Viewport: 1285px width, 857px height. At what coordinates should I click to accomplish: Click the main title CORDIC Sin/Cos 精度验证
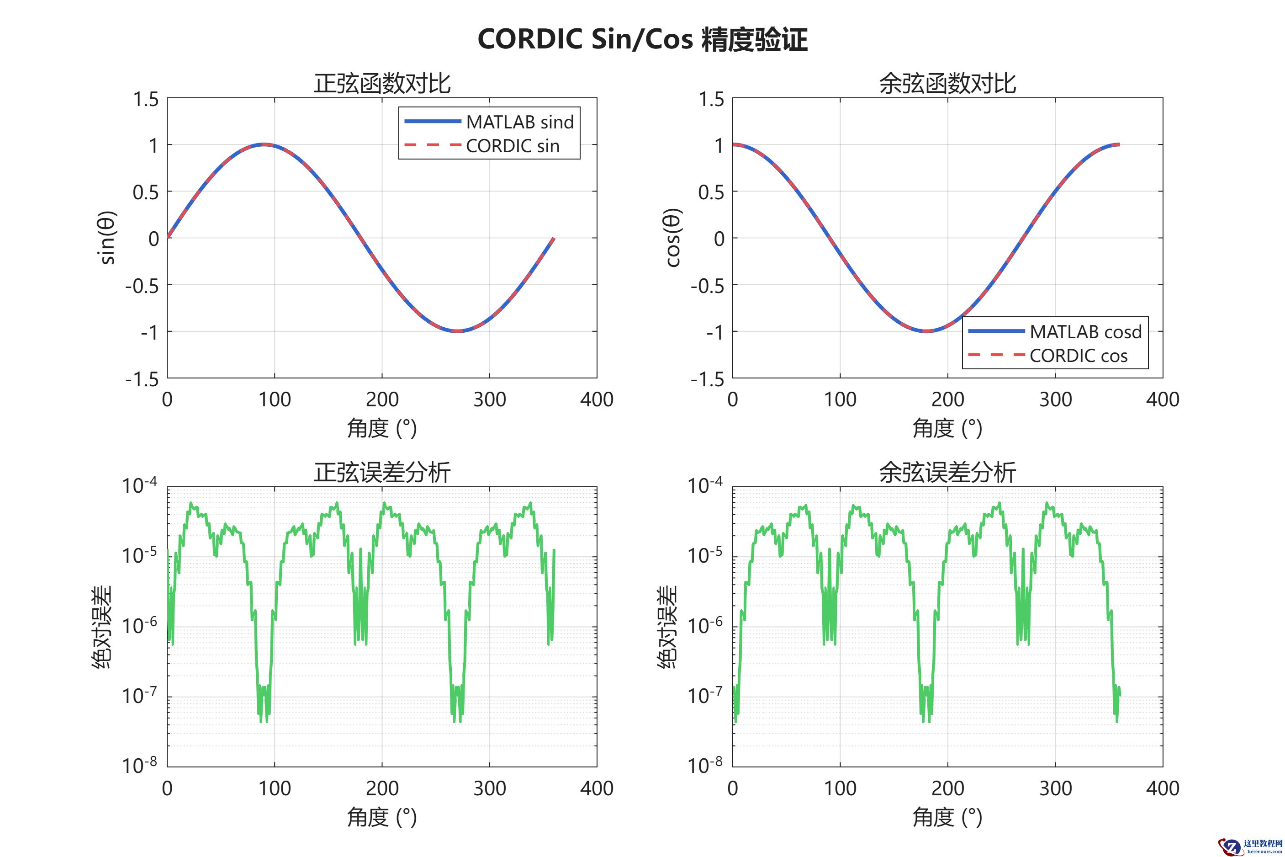(x=642, y=39)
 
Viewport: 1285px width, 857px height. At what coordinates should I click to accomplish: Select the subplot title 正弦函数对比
(x=382, y=84)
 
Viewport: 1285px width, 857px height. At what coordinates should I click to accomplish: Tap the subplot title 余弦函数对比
(x=947, y=84)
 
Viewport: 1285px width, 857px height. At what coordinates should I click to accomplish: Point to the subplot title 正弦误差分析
(x=382, y=472)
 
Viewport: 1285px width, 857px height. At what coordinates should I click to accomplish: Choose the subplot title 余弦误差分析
(x=947, y=472)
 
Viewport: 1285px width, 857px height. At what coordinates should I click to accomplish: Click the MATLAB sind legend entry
(x=519, y=122)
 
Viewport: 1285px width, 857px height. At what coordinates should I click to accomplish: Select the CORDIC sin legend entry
(x=512, y=146)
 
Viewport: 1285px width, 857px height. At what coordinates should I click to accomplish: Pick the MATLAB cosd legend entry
(x=1085, y=332)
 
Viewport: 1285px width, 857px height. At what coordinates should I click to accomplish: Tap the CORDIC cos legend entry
(x=1078, y=356)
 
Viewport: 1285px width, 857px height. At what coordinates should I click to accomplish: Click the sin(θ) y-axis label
(x=108, y=238)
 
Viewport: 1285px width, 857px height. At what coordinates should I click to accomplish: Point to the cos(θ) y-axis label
(x=673, y=238)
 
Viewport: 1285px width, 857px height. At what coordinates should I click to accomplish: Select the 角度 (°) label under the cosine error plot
(x=947, y=817)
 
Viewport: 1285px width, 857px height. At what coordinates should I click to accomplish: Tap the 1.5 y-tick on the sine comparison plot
(x=146, y=100)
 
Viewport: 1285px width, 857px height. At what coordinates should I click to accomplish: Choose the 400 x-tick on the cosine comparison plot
(x=1162, y=399)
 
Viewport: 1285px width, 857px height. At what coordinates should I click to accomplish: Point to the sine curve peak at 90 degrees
(x=264, y=144)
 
